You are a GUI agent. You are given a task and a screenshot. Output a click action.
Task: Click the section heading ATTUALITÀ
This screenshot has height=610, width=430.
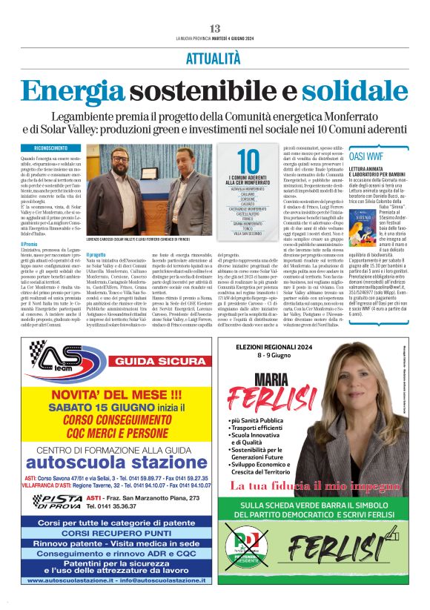coord(215,57)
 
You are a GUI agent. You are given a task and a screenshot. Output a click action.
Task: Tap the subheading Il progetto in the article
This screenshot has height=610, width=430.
coord(98,254)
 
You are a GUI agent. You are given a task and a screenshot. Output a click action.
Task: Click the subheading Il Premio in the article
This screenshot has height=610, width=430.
coord(30,245)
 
